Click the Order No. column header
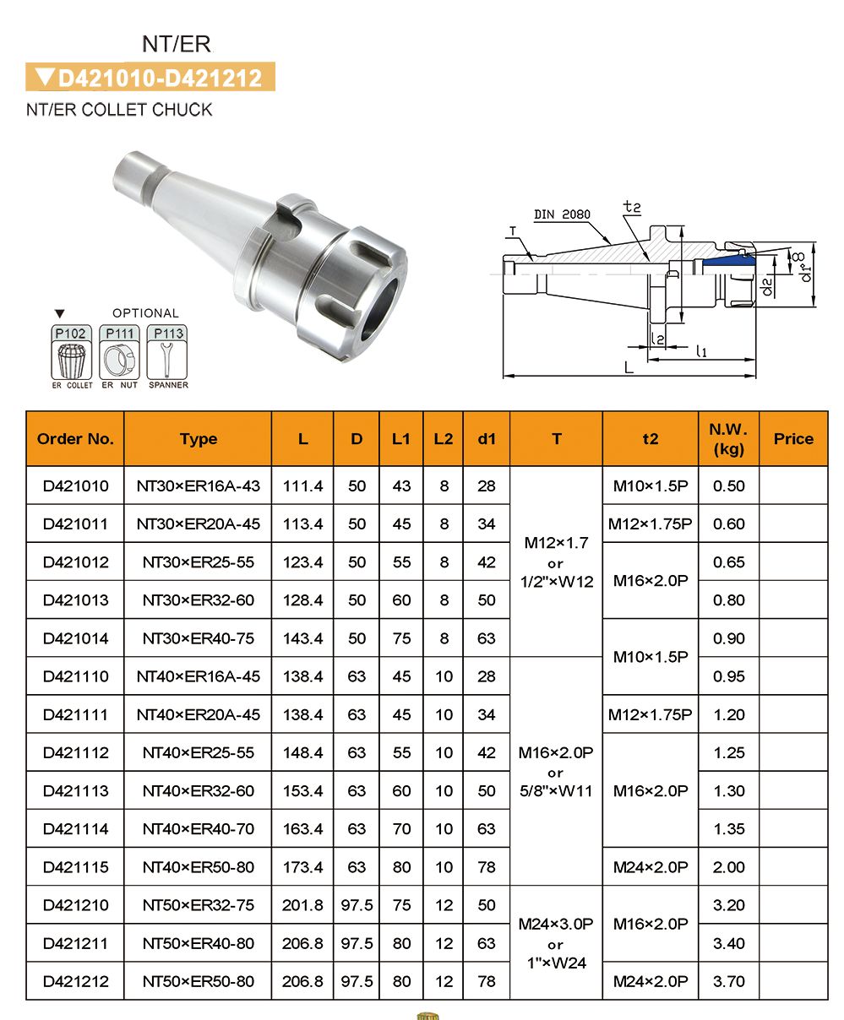[x=75, y=439]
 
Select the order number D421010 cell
[x=75, y=486]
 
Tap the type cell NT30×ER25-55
[x=198, y=562]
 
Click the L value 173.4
[x=302, y=867]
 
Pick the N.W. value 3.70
[x=728, y=982]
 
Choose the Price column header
[x=792, y=439]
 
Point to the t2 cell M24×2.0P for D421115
[x=650, y=867]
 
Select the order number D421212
[x=75, y=982]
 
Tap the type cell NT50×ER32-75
[x=198, y=905]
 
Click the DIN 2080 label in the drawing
[x=562, y=215]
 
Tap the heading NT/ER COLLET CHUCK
[x=119, y=110]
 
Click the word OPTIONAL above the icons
[x=145, y=313]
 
